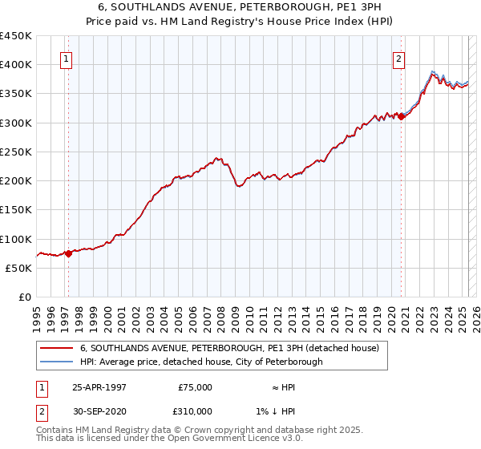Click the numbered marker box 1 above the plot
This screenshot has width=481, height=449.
click(x=65, y=58)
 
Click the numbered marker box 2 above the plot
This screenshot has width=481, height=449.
click(x=399, y=58)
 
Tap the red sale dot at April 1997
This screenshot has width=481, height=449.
click(x=68, y=253)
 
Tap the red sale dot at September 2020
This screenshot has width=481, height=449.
click(x=402, y=117)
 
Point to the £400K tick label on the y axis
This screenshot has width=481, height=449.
click(x=16, y=65)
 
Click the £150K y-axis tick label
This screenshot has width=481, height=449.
click(x=16, y=210)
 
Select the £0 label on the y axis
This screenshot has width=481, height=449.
click(x=26, y=297)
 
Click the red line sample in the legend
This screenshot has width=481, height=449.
click(x=56, y=348)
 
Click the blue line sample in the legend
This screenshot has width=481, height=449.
click(x=56, y=362)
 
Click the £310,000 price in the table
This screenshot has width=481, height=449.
click(x=195, y=411)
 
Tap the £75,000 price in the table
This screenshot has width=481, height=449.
click(x=195, y=387)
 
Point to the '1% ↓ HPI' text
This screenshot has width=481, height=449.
click(x=282, y=411)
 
